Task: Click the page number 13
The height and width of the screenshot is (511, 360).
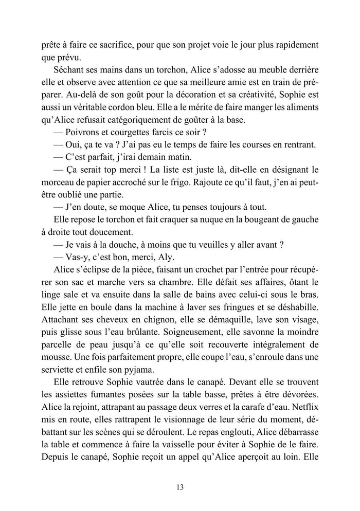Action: click(x=179, y=487)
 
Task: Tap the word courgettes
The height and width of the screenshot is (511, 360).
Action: click(x=137, y=131)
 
